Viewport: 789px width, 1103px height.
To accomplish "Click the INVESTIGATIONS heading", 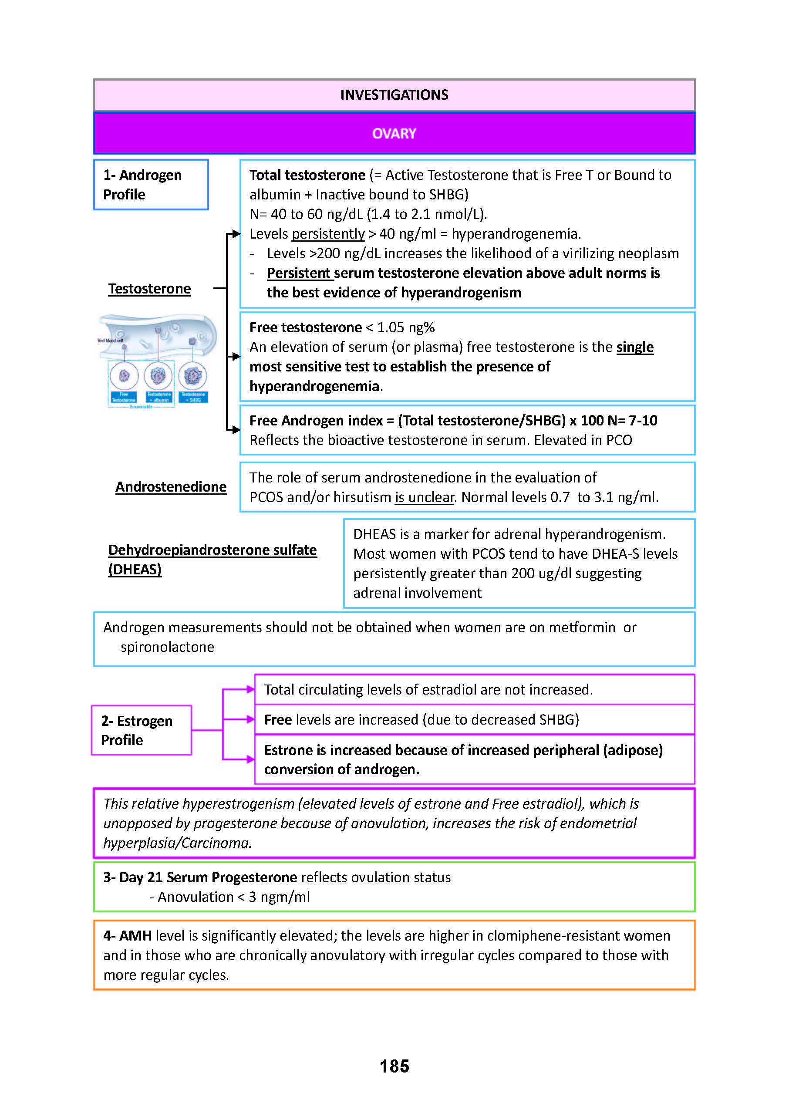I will tap(394, 95).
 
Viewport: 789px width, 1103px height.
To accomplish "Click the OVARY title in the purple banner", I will tap(394, 134).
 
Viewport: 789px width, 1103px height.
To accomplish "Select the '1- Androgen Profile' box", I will tap(151, 185).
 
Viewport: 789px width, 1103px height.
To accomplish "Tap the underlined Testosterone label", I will tap(150, 289).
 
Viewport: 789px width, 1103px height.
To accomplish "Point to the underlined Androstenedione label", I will tap(171, 487).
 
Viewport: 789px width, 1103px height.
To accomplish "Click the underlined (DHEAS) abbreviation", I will tap(135, 570).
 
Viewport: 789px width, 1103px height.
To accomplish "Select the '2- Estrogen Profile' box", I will tap(142, 730).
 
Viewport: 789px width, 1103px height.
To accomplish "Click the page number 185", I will tap(394, 1066).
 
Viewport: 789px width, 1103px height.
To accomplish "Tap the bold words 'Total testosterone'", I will tap(307, 175).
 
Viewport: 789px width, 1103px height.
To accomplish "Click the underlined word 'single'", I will tap(634, 347).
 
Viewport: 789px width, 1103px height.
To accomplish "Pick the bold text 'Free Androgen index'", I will tap(316, 421).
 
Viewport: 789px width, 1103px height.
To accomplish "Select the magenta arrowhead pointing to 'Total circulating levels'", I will tap(250, 689).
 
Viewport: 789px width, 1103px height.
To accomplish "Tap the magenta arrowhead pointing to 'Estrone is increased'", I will tap(250, 759).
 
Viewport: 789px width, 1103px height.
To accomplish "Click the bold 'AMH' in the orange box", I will tap(135, 936).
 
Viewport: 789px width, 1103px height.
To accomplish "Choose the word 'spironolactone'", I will tap(167, 647).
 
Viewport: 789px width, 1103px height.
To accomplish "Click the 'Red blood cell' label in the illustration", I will tap(110, 341).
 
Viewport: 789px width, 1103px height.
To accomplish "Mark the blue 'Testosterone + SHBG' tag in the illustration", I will tap(193, 398).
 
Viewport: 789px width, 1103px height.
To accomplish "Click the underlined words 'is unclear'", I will tap(424, 498).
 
